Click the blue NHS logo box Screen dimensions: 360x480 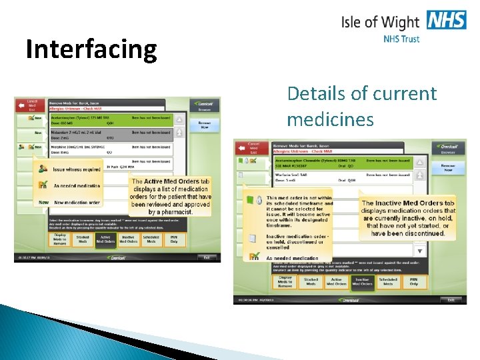tap(447, 20)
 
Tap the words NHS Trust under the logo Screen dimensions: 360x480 tap(401, 39)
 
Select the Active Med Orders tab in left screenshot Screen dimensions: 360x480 tap(105, 239)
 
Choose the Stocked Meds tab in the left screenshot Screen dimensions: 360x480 tap(83, 239)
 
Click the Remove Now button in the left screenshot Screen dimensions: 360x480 tap(204, 125)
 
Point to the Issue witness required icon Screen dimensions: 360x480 tap(43, 170)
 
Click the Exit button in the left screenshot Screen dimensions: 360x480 tap(206, 257)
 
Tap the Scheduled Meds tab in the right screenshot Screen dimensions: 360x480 tap(388, 282)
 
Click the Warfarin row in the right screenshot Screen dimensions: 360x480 tap(342, 177)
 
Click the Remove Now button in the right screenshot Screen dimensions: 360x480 tap(449, 168)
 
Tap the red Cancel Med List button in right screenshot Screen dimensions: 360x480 tap(253, 147)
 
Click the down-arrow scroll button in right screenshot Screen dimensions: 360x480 tap(419, 251)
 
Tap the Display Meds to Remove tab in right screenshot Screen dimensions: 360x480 tap(285, 282)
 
